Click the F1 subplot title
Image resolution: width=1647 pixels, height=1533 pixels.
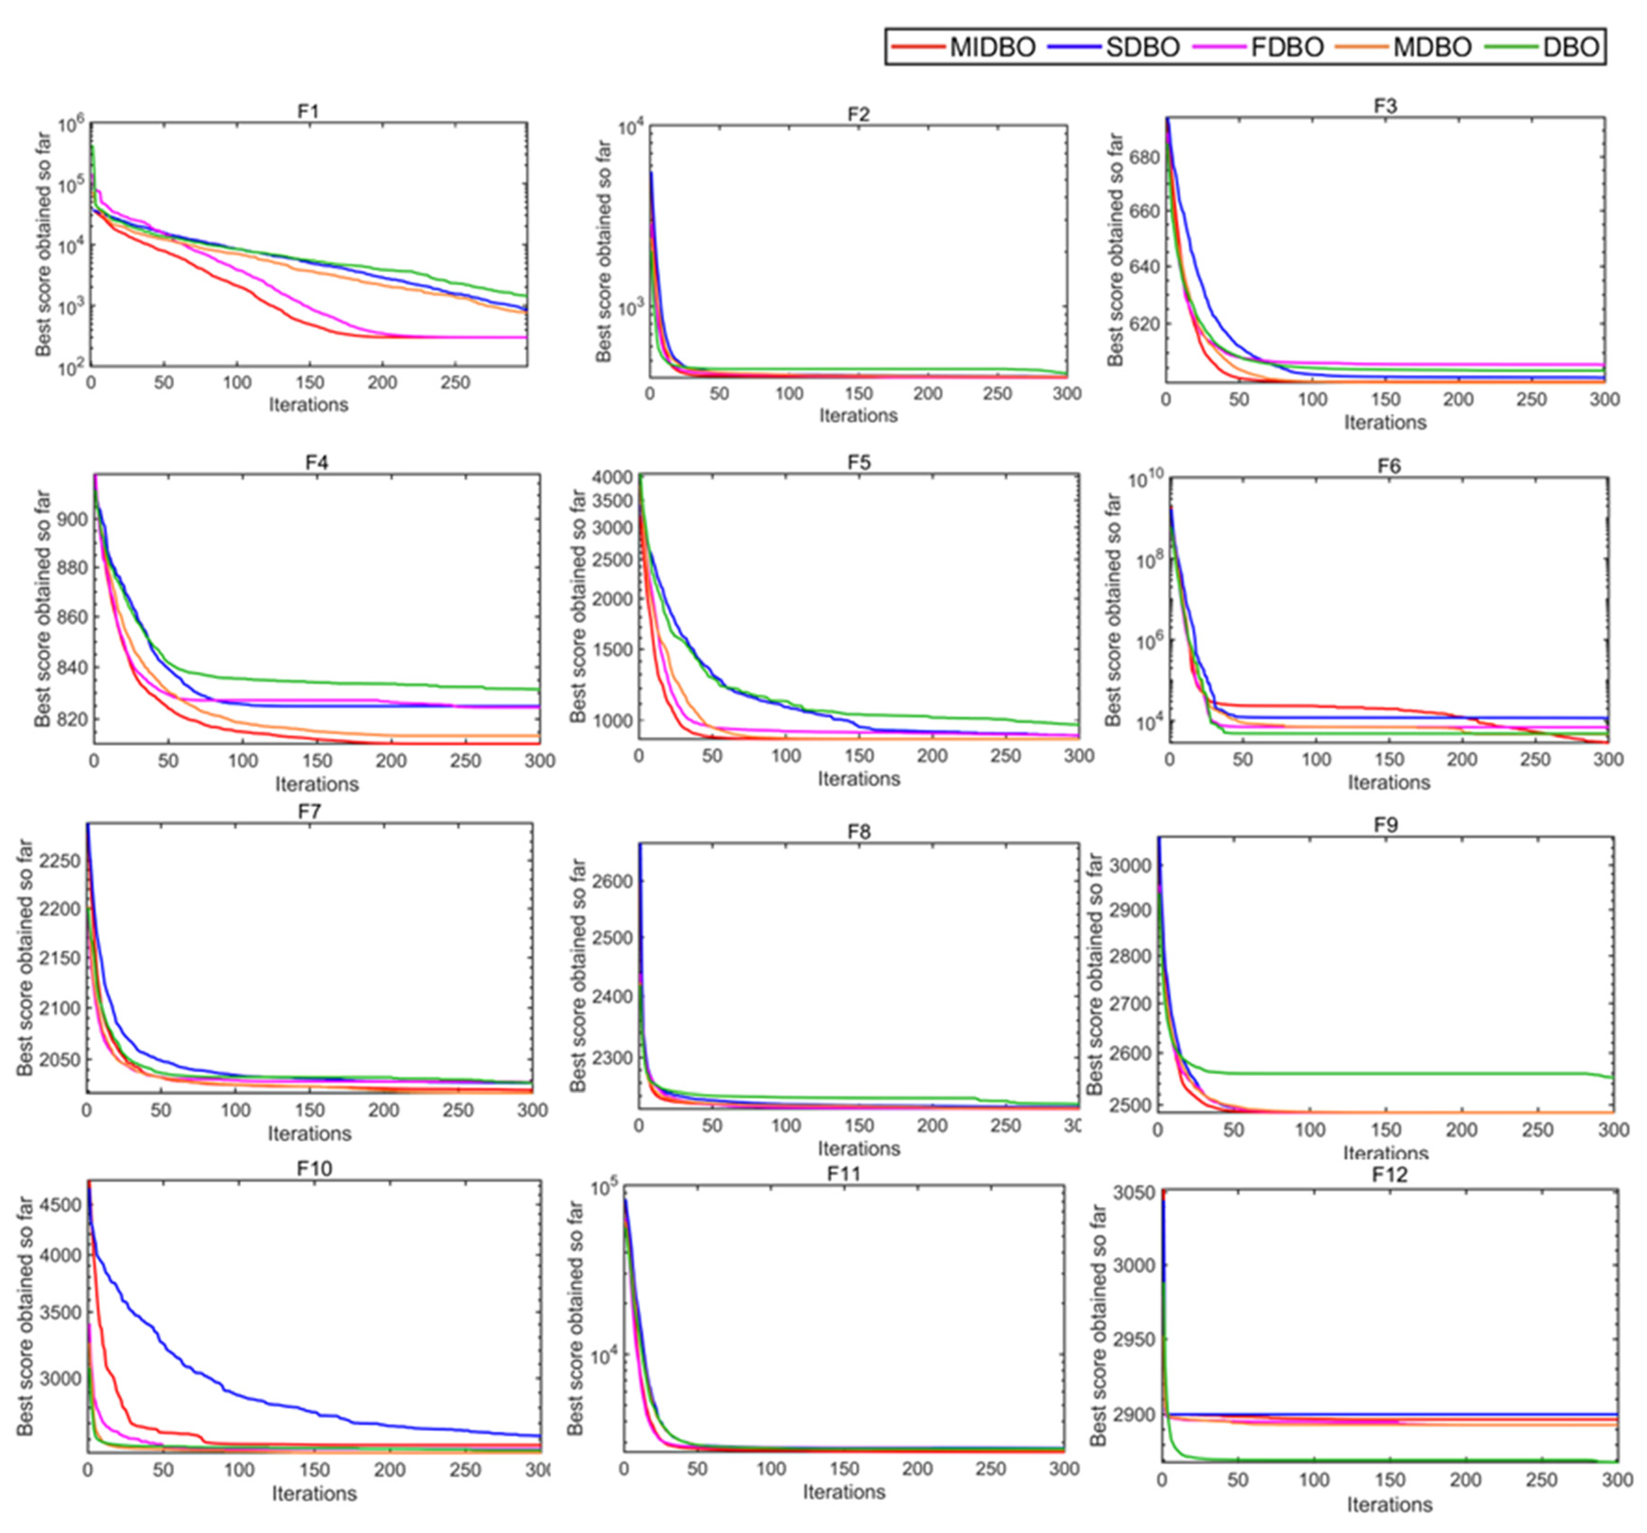click(x=308, y=111)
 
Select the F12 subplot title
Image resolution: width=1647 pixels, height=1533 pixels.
click(x=1390, y=1174)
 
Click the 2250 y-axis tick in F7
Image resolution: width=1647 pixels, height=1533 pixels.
click(x=60, y=861)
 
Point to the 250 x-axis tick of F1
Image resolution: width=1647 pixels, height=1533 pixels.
click(x=455, y=382)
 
